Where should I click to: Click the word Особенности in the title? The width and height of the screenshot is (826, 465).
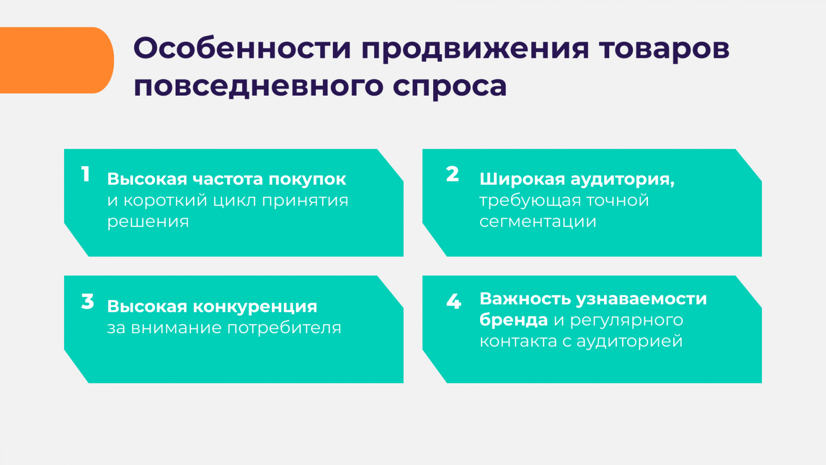point(242,49)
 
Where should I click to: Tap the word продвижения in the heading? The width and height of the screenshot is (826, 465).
point(475,50)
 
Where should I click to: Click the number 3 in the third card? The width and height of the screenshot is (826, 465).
point(87,301)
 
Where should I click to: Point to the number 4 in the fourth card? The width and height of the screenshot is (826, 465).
point(454,301)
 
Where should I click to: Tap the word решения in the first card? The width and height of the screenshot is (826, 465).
point(148,222)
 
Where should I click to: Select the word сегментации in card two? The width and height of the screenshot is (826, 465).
point(537,222)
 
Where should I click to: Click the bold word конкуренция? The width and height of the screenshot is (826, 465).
point(255,307)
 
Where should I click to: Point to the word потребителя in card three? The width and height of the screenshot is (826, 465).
point(284,328)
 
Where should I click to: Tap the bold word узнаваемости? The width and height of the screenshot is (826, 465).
point(641,299)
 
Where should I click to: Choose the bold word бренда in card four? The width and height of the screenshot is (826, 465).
point(513,320)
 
